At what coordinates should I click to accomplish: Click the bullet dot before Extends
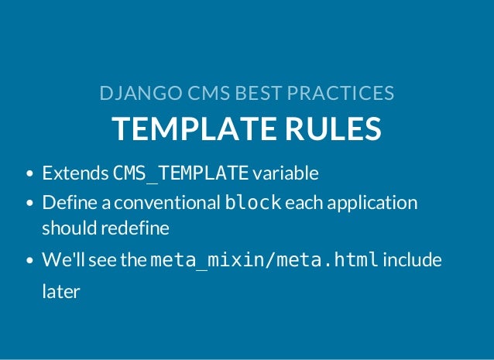click(x=30, y=173)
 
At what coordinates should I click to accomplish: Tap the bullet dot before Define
click(x=30, y=204)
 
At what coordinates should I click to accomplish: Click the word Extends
click(x=75, y=173)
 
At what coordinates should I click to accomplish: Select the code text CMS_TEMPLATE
click(x=181, y=173)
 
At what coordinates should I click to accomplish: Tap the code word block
click(x=252, y=204)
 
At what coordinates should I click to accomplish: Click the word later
click(x=61, y=293)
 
